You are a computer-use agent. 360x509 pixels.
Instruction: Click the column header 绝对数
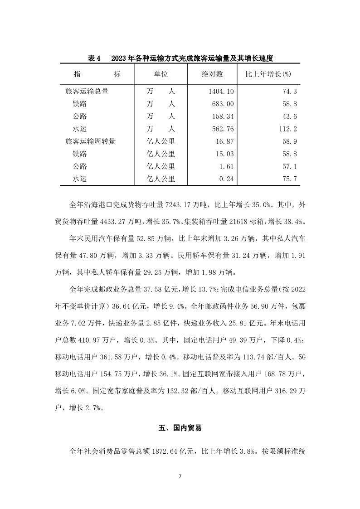[212, 73]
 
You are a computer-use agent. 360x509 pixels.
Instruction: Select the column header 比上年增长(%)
[268, 73]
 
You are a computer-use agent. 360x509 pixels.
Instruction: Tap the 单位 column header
[161, 73]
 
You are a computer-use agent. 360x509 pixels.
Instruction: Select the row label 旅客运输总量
[87, 91]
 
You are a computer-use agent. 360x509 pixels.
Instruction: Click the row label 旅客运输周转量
[91, 141]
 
